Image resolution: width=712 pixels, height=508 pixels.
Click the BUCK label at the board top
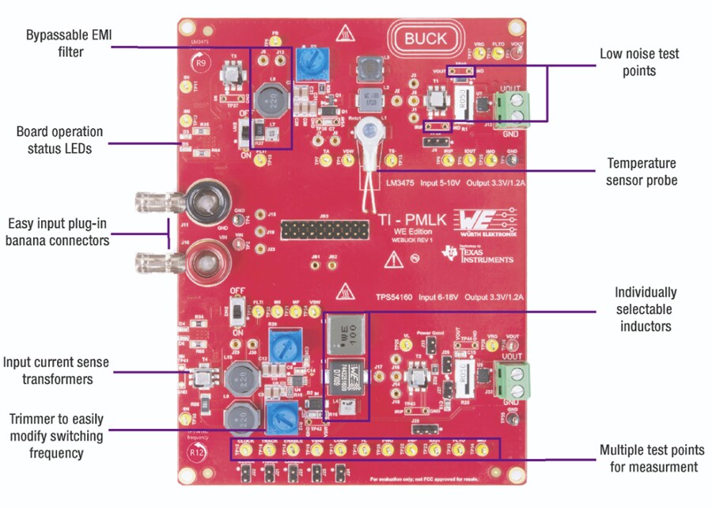(x=426, y=38)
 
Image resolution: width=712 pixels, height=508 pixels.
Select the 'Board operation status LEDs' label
(x=60, y=139)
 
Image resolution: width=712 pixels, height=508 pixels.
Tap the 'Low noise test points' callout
(x=639, y=63)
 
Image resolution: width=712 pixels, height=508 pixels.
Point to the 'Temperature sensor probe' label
(x=642, y=171)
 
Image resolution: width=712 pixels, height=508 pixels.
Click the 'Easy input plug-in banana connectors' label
(x=57, y=231)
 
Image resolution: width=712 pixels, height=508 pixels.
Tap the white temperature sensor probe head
(x=367, y=131)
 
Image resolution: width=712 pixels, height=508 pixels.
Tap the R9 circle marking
(x=201, y=60)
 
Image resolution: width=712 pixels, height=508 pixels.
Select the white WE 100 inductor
(x=344, y=336)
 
